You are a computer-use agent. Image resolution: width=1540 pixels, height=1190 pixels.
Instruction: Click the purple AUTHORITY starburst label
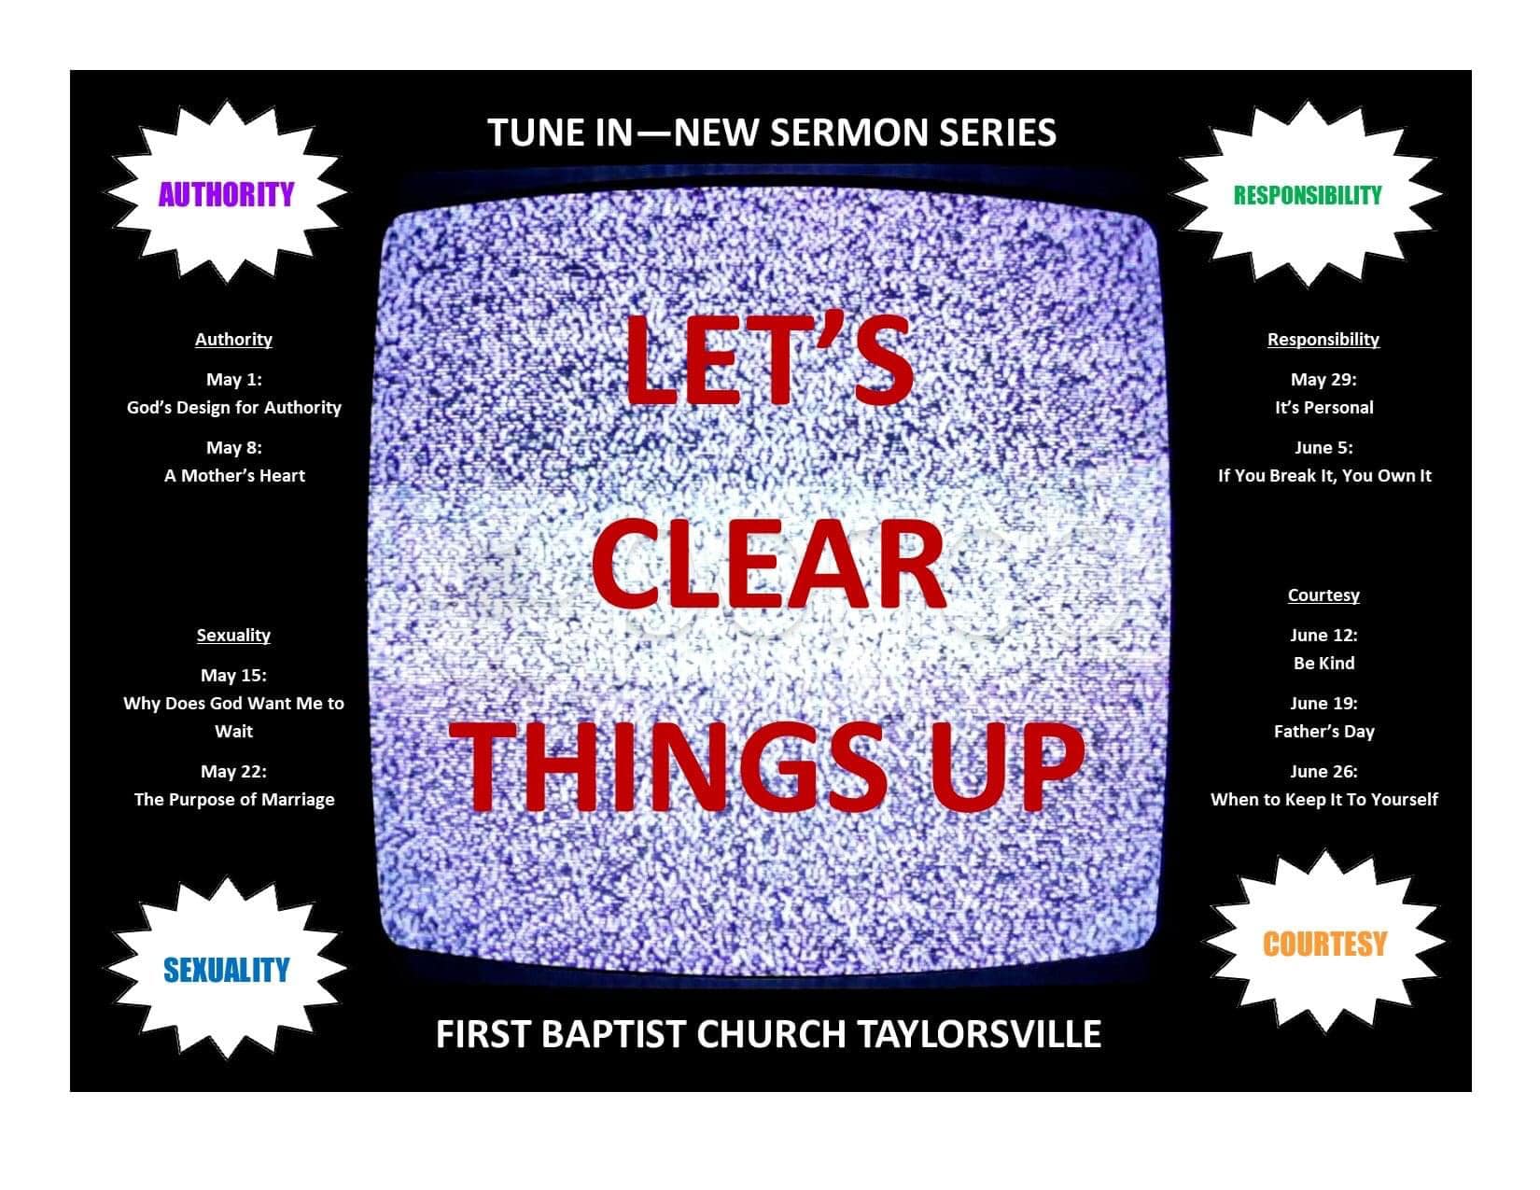[226, 194]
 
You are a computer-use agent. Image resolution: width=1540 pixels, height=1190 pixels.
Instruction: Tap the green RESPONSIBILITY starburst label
[1308, 195]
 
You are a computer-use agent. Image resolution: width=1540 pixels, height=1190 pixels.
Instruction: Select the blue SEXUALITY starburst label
[226, 971]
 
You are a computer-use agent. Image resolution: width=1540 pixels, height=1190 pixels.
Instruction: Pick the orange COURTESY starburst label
[1324, 944]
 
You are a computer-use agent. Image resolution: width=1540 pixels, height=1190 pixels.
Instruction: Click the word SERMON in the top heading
[848, 133]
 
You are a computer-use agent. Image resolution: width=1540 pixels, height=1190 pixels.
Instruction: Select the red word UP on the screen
[1007, 767]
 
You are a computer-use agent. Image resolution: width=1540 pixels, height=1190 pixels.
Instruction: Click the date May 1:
[234, 379]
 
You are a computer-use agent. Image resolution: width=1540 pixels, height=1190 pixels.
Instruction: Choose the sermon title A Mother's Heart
[234, 476]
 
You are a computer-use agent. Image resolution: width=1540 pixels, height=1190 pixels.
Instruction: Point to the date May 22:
[233, 771]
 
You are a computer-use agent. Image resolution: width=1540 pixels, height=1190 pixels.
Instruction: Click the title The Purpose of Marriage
[234, 800]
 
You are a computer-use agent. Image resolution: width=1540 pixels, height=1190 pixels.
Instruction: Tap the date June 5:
[1323, 447]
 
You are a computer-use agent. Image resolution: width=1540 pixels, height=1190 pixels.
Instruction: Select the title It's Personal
[1323, 408]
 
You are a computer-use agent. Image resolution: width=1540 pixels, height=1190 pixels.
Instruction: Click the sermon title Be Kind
[1323, 664]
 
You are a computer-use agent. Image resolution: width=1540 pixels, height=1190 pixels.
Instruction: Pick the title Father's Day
[1323, 732]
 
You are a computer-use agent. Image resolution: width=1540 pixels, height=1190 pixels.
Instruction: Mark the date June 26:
[1323, 771]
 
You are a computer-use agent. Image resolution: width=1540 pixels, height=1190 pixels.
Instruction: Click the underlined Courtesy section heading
[1323, 595]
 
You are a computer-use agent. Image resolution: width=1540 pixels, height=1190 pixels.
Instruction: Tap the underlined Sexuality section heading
[233, 635]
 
